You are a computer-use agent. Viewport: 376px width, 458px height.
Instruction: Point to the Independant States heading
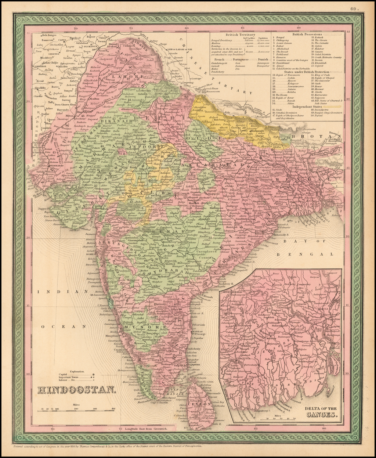coord(307,107)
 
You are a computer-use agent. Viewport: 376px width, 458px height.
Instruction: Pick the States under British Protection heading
coord(307,72)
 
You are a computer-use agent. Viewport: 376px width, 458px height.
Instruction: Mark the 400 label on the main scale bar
coord(113,408)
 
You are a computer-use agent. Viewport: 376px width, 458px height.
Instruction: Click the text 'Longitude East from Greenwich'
coord(146,428)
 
